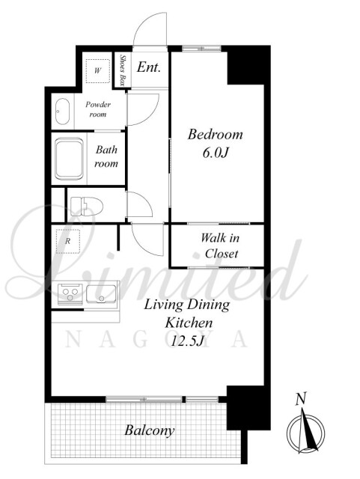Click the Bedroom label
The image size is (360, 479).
tap(215, 135)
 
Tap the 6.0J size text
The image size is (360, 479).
tap(216, 153)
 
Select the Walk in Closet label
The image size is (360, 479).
tap(220, 245)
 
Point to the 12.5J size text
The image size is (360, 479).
tap(187, 341)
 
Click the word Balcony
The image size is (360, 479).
tap(150, 431)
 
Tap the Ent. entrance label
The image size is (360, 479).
tap(148, 67)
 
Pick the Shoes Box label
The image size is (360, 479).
tap(123, 70)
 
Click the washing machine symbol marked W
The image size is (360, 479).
tap(97, 70)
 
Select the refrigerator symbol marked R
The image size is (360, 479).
tap(68, 241)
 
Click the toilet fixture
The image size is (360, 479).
tap(87, 206)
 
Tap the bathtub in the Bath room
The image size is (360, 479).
tap(69, 159)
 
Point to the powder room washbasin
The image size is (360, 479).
tap(62, 112)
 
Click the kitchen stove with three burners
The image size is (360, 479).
tap(70, 293)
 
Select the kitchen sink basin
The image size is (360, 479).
tap(101, 294)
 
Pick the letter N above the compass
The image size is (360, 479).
tap(301, 399)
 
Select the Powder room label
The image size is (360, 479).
tap(98, 109)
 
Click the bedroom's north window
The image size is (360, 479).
tap(201, 48)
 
